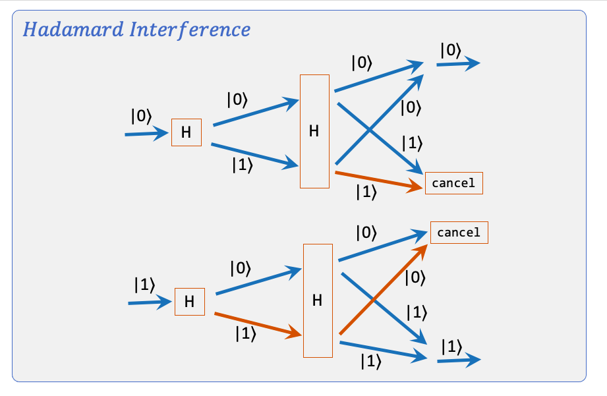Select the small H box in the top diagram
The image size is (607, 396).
click(x=187, y=132)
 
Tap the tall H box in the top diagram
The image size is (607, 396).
click(x=314, y=131)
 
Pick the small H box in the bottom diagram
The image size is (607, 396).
click(x=190, y=302)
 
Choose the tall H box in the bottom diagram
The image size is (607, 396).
click(x=318, y=300)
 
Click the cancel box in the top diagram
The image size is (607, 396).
click(x=454, y=183)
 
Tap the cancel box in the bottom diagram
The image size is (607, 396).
click(x=459, y=233)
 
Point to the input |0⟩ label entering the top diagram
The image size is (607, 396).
click(x=141, y=117)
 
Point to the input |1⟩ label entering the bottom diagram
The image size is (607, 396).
click(x=144, y=285)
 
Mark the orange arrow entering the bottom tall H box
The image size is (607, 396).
click(x=254, y=325)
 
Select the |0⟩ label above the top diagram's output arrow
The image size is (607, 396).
click(x=449, y=49)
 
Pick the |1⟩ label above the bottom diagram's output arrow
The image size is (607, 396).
click(x=451, y=346)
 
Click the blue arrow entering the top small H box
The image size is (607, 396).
click(x=146, y=134)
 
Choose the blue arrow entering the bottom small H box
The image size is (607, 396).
click(x=150, y=303)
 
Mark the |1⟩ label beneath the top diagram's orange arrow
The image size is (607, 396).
click(x=366, y=192)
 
